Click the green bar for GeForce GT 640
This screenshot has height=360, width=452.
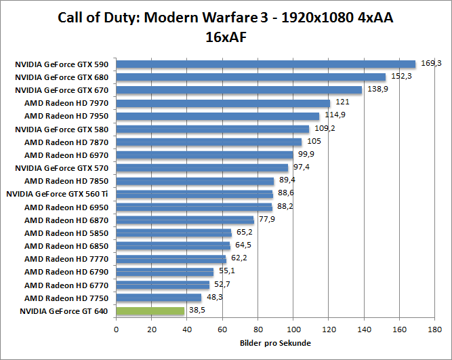point(150,311)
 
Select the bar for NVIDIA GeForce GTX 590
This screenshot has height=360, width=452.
point(266,64)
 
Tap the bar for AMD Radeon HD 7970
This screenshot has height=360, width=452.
point(223,103)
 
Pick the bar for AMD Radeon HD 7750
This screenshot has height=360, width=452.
point(159,298)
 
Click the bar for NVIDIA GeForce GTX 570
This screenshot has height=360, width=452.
point(202,167)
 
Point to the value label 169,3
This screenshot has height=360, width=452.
point(431,63)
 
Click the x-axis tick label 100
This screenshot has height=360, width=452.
point(293,329)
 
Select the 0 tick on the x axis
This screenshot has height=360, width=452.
point(117,329)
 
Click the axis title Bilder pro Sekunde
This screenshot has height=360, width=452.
point(274,343)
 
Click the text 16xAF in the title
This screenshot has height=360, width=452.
point(226,37)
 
